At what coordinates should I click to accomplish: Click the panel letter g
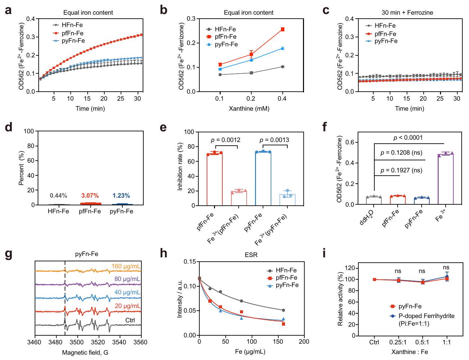click(x=9, y=254)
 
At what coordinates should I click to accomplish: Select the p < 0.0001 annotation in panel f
click(x=408, y=138)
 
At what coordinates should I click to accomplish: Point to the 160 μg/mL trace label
click(x=126, y=266)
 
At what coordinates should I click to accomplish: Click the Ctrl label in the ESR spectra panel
click(x=130, y=320)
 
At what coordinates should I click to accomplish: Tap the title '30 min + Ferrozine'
click(x=407, y=13)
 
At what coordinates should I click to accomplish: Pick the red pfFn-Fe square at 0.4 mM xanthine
click(x=283, y=29)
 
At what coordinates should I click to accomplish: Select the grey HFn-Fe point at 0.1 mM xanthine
click(x=220, y=75)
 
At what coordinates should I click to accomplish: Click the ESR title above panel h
click(x=251, y=255)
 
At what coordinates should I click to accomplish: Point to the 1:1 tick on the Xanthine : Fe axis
click(x=446, y=342)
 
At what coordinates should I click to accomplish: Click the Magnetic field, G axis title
click(x=85, y=352)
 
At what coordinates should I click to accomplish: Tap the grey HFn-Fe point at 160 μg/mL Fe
click(x=283, y=310)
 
